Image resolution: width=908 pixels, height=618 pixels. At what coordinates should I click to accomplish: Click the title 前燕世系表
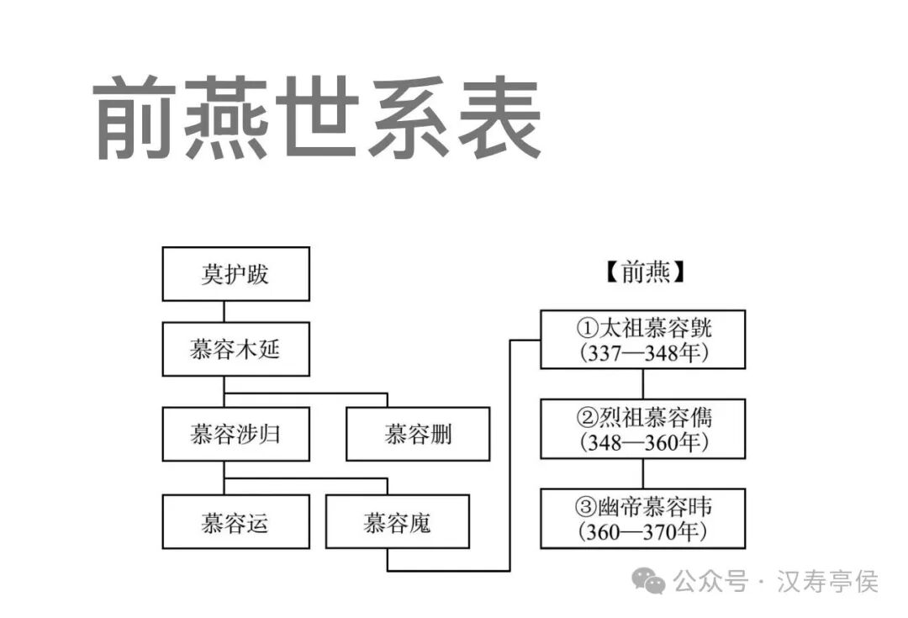click(x=316, y=119)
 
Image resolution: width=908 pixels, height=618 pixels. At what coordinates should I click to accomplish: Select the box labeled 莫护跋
click(x=235, y=274)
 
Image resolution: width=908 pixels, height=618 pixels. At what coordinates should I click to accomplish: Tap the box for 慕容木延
click(x=235, y=349)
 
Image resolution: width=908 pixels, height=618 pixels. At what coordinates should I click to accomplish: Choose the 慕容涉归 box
click(x=235, y=434)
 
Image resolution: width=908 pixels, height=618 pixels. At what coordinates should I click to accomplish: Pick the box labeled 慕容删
click(x=418, y=434)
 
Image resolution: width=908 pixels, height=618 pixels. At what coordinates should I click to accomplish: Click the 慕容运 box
click(x=235, y=522)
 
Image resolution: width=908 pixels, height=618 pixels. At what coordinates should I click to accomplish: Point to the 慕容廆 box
click(x=398, y=522)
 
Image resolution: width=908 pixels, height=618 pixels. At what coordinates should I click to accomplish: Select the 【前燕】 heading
click(x=644, y=272)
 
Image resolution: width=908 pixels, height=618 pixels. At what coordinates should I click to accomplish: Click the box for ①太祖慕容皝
click(x=642, y=339)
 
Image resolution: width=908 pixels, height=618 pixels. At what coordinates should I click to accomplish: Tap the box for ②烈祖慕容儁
click(x=642, y=428)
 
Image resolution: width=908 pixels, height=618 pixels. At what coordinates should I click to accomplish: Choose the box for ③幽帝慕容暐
click(x=642, y=518)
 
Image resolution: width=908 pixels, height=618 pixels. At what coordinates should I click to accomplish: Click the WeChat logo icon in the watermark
click(x=649, y=580)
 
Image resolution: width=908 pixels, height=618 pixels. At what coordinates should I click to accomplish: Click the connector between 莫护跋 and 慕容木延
click(x=224, y=311)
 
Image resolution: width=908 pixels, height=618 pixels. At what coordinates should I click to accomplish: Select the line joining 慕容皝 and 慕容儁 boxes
click(x=643, y=383)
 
